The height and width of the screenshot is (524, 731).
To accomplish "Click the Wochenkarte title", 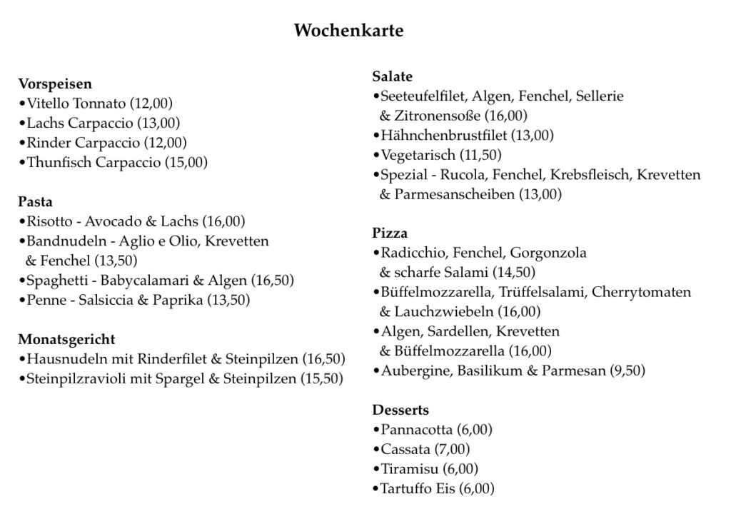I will pyautogui.click(x=348, y=31).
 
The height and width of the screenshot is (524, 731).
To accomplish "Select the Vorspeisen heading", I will pyautogui.click(x=55, y=84).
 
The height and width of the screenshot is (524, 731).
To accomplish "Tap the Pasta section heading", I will pyautogui.click(x=36, y=202).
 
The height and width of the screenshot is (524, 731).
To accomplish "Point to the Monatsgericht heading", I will pyautogui.click(x=66, y=339).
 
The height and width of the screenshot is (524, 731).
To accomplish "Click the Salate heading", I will pyautogui.click(x=393, y=76).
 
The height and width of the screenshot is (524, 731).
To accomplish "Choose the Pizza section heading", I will pyautogui.click(x=390, y=233).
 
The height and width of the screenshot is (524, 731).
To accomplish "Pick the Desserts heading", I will pyautogui.click(x=400, y=410).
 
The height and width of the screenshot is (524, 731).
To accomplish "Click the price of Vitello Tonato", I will pyautogui.click(x=151, y=104).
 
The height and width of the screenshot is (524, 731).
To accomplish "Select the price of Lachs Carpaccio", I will pyautogui.click(x=159, y=123).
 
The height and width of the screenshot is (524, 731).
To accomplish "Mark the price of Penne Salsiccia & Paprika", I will pyautogui.click(x=228, y=300).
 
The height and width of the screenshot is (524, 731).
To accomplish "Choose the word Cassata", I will pyautogui.click(x=405, y=450).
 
